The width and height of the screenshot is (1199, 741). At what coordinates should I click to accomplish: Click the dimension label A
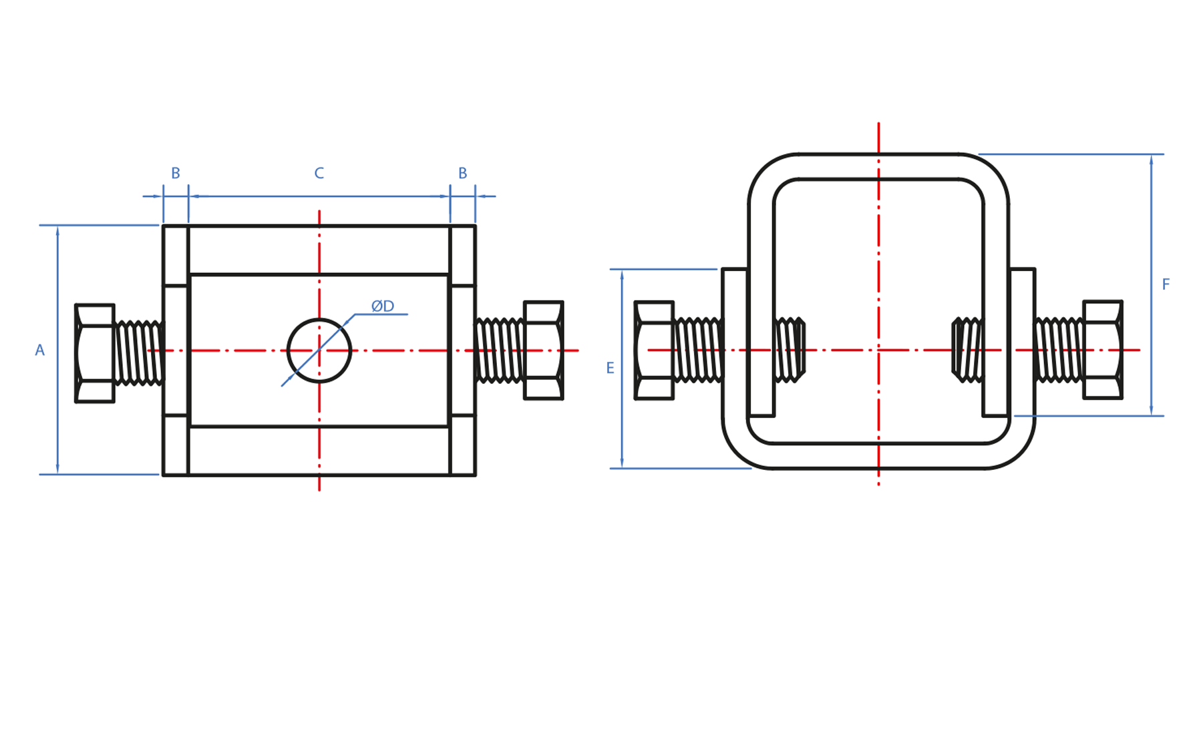40,350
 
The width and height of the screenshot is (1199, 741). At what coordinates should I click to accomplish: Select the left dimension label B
176,174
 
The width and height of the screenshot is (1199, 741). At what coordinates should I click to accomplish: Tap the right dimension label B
462,174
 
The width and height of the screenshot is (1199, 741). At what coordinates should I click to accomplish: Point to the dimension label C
319,174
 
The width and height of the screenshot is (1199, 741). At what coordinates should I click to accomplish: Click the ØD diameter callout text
383,306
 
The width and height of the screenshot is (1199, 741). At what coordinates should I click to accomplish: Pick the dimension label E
610,368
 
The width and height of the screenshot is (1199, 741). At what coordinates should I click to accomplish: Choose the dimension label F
1166,285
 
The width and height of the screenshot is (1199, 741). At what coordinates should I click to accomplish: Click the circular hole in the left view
319,350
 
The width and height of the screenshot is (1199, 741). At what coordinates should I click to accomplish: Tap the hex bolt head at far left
95,353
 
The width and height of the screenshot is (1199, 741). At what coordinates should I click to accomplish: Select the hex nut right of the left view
544,350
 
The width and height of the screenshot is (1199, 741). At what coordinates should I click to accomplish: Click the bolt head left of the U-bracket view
654,350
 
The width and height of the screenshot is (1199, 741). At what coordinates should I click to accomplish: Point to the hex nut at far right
1103,350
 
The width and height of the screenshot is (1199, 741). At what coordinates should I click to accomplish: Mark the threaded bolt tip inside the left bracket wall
790,350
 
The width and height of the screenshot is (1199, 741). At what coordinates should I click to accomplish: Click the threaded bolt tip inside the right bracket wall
967,350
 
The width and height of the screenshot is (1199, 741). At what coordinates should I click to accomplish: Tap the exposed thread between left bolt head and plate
139,353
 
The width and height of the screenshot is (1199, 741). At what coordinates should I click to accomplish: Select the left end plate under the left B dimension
176,350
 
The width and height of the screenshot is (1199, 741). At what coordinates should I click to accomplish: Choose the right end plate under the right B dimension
462,350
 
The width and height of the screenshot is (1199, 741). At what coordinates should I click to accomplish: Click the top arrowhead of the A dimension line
58,231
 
